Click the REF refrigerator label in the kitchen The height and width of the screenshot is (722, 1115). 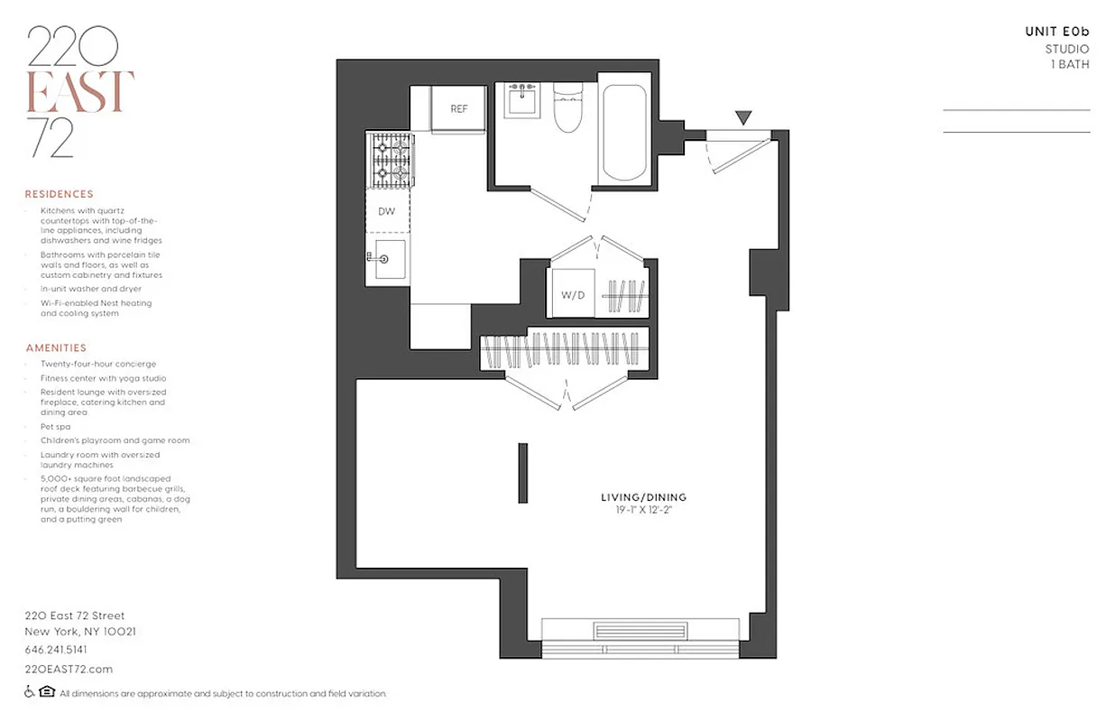[x=459, y=109]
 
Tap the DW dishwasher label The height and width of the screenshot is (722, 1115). [x=386, y=212]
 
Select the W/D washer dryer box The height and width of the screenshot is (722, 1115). [x=572, y=294]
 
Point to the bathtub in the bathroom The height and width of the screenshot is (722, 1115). [x=623, y=134]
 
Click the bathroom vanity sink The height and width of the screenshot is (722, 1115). [x=521, y=98]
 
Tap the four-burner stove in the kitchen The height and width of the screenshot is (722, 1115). [x=389, y=160]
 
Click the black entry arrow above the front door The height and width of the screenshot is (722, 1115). [x=743, y=117]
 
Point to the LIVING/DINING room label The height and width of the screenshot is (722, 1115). [x=643, y=497]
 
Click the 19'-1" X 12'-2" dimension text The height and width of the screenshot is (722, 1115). [x=643, y=511]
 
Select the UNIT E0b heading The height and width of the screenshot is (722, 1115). [x=1056, y=32]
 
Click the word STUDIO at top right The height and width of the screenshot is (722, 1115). [x=1066, y=49]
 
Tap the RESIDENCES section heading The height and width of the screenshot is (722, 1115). [x=59, y=194]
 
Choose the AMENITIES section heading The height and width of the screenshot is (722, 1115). [x=56, y=347]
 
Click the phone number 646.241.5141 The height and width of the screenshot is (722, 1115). [x=56, y=650]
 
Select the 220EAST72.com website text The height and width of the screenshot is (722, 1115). [x=69, y=669]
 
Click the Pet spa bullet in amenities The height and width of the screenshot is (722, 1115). [x=55, y=426]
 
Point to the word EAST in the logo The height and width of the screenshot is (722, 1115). [x=81, y=91]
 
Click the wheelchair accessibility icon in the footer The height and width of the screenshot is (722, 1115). [x=30, y=692]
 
